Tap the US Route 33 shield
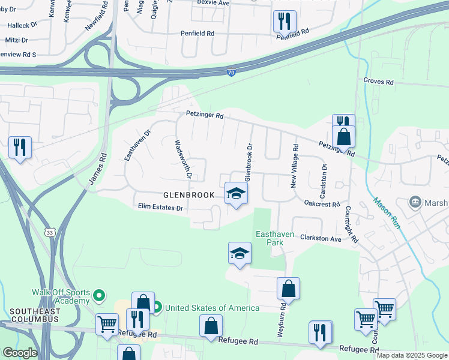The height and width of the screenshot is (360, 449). (50, 232)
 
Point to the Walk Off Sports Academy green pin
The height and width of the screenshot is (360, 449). (100, 296)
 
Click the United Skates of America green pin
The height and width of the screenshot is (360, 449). (157, 308)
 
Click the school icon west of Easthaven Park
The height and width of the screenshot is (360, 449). (240, 253)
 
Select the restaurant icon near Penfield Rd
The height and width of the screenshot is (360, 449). (283, 22)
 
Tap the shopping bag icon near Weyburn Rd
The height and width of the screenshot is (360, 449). (289, 288)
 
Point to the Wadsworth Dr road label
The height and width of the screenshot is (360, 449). (182, 160)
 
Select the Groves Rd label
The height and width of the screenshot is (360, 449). (378, 82)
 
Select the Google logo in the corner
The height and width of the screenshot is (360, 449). (20, 353)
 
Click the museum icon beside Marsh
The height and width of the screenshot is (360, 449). (414, 203)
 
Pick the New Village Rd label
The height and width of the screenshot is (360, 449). (295, 166)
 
